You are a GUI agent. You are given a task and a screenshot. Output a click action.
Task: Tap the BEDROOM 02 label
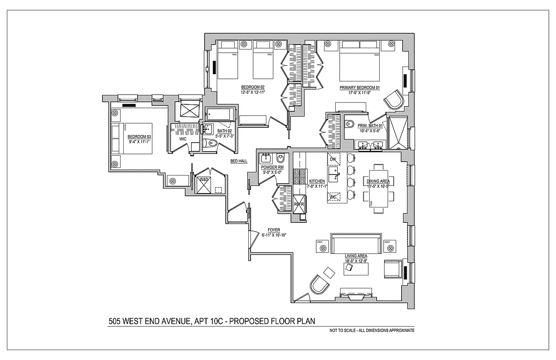point(252,87)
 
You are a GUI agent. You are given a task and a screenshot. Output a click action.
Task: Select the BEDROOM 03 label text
point(139,136)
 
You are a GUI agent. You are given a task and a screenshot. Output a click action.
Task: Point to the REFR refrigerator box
point(299,204)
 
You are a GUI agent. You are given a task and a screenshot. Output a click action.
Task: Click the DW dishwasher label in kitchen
point(333,160)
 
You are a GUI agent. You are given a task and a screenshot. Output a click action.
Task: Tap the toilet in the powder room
point(280,158)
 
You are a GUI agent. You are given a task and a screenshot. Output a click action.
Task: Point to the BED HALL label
point(238,161)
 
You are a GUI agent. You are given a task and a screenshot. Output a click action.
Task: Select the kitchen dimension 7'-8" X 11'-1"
point(317,186)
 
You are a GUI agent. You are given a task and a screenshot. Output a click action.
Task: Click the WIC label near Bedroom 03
point(183,139)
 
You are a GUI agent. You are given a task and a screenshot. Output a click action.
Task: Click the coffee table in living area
point(356,269)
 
